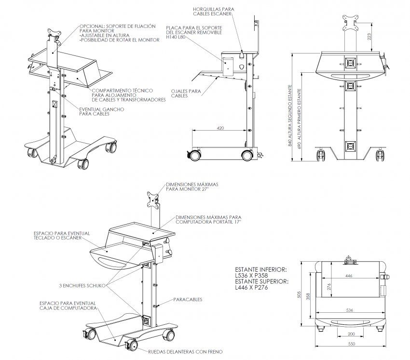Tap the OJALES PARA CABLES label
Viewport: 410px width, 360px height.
pos(186,93)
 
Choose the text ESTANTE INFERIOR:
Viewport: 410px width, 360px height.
pos(261,269)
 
